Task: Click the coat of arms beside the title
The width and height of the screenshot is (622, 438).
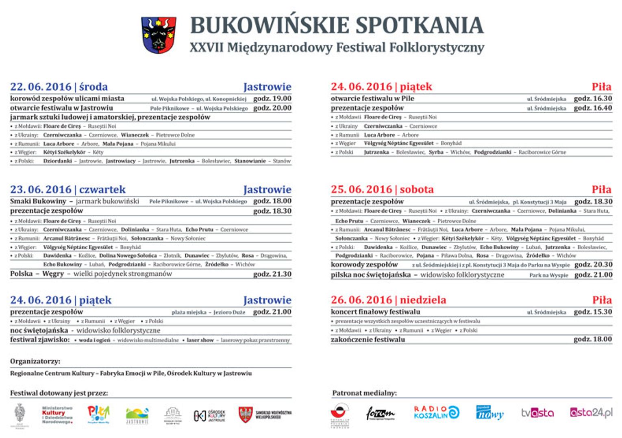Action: (x=159, y=35)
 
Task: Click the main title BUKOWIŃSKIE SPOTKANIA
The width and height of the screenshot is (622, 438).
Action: (x=337, y=25)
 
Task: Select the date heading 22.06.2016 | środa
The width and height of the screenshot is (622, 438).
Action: (x=59, y=87)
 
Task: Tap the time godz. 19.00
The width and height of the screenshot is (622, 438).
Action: (x=272, y=98)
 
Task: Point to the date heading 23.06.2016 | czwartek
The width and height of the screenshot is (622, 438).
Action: (x=68, y=190)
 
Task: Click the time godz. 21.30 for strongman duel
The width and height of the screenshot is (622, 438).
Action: (x=272, y=274)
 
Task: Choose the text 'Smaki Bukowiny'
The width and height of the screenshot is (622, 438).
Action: (x=38, y=201)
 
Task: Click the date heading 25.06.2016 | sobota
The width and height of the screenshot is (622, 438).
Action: (x=382, y=190)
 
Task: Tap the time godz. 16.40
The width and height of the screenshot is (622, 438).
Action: (x=592, y=108)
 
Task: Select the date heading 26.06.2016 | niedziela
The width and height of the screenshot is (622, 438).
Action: (x=388, y=300)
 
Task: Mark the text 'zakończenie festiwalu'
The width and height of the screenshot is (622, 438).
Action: (x=368, y=339)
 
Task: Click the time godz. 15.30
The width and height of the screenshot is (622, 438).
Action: (x=592, y=312)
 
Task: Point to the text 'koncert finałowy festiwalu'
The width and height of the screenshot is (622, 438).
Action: (x=375, y=312)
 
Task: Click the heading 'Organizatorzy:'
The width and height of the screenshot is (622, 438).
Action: (x=35, y=361)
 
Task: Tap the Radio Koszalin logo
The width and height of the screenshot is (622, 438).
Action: (x=436, y=412)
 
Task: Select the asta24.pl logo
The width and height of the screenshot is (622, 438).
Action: (x=591, y=413)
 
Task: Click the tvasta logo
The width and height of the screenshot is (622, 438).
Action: (x=537, y=413)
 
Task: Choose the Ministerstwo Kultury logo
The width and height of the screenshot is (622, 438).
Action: (x=57, y=415)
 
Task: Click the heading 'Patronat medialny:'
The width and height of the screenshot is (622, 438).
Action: (x=364, y=393)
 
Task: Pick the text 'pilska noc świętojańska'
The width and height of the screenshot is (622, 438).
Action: (x=370, y=275)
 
